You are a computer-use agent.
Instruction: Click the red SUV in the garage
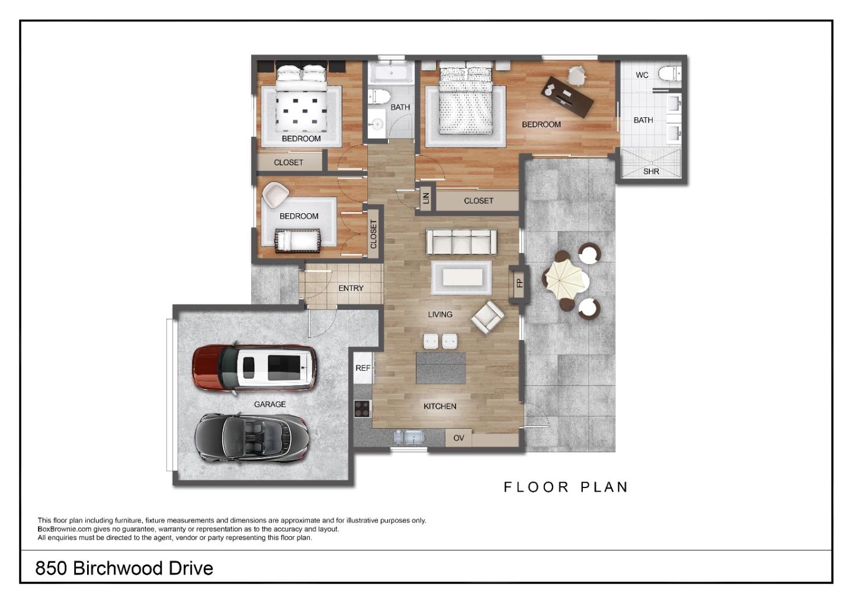254,367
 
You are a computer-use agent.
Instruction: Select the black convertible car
251,437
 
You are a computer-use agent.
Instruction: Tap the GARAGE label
270,404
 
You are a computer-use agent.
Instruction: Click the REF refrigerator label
363,368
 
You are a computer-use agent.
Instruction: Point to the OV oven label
458,438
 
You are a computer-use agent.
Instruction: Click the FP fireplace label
520,283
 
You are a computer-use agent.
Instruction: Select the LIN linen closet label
425,198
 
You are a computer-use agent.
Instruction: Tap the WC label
642,75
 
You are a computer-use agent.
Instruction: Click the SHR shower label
651,171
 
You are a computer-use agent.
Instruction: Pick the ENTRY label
351,288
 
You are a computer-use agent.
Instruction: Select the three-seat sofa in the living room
461,242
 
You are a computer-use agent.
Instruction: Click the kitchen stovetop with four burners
362,408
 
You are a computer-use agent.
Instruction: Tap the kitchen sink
409,437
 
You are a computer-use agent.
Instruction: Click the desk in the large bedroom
568,96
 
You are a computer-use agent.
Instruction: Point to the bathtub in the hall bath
390,73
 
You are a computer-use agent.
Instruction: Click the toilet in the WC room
669,74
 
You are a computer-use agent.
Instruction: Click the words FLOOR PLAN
565,487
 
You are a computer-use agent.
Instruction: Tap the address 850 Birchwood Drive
124,568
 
